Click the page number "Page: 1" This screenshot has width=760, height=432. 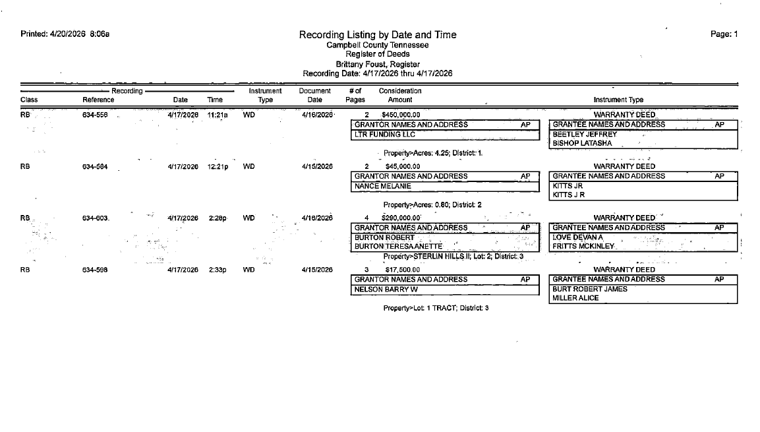pos(724,34)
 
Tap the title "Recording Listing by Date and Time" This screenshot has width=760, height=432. pos(377,34)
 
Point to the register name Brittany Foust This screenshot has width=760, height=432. pos(377,64)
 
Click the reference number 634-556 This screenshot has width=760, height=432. pos(96,115)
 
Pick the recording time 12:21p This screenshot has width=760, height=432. pos(217,167)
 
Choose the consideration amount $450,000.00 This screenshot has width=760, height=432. pos(401,115)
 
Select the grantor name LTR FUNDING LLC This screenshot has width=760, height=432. pos(385,135)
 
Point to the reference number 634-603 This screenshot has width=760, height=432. pos(96,218)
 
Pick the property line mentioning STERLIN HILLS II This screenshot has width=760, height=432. pos(453,256)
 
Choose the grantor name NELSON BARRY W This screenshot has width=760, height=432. pos(386,289)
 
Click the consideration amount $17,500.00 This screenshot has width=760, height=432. pos(402,270)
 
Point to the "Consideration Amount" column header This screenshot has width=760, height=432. pos(400,95)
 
